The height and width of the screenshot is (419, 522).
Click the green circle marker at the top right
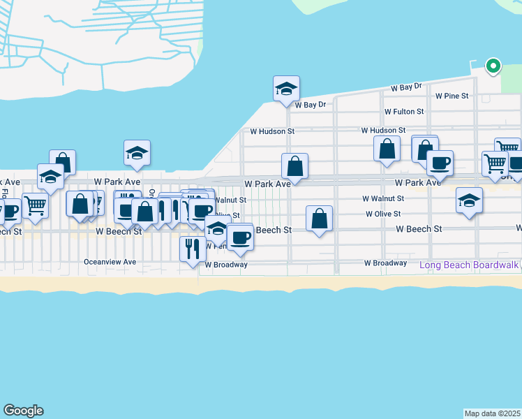pyautogui.click(x=493, y=67)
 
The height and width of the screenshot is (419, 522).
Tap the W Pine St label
pyautogui.click(x=451, y=96)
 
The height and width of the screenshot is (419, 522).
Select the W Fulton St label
pyautogui.click(x=404, y=112)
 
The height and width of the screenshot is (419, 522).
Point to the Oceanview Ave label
pyautogui.click(x=110, y=263)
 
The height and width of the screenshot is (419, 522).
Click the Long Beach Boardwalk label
pyautogui.click(x=469, y=265)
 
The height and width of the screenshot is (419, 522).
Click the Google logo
pyautogui.click(x=23, y=411)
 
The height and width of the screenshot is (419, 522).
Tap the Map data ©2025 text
pyautogui.click(x=492, y=413)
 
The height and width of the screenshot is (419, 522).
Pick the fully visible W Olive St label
pyautogui.click(x=383, y=214)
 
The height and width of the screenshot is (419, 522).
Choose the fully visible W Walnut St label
pyautogui.click(x=383, y=199)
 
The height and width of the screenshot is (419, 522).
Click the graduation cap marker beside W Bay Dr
pyautogui.click(x=286, y=89)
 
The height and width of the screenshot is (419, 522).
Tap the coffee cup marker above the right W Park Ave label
pyautogui.click(x=440, y=163)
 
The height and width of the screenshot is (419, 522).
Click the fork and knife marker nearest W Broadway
pyautogui.click(x=192, y=249)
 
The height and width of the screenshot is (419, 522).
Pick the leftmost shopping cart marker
pyautogui.click(x=34, y=205)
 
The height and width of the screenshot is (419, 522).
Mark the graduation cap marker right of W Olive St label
pyautogui.click(x=469, y=200)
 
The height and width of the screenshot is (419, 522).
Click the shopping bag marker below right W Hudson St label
pyautogui.click(x=387, y=149)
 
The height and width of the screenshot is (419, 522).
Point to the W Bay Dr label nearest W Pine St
pyautogui.click(x=407, y=87)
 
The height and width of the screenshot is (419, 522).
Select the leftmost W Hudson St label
pyautogui.click(x=272, y=131)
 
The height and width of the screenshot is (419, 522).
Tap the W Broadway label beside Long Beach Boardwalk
pyautogui.click(x=385, y=263)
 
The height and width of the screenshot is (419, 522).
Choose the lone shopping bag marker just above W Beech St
pyautogui.click(x=319, y=218)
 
